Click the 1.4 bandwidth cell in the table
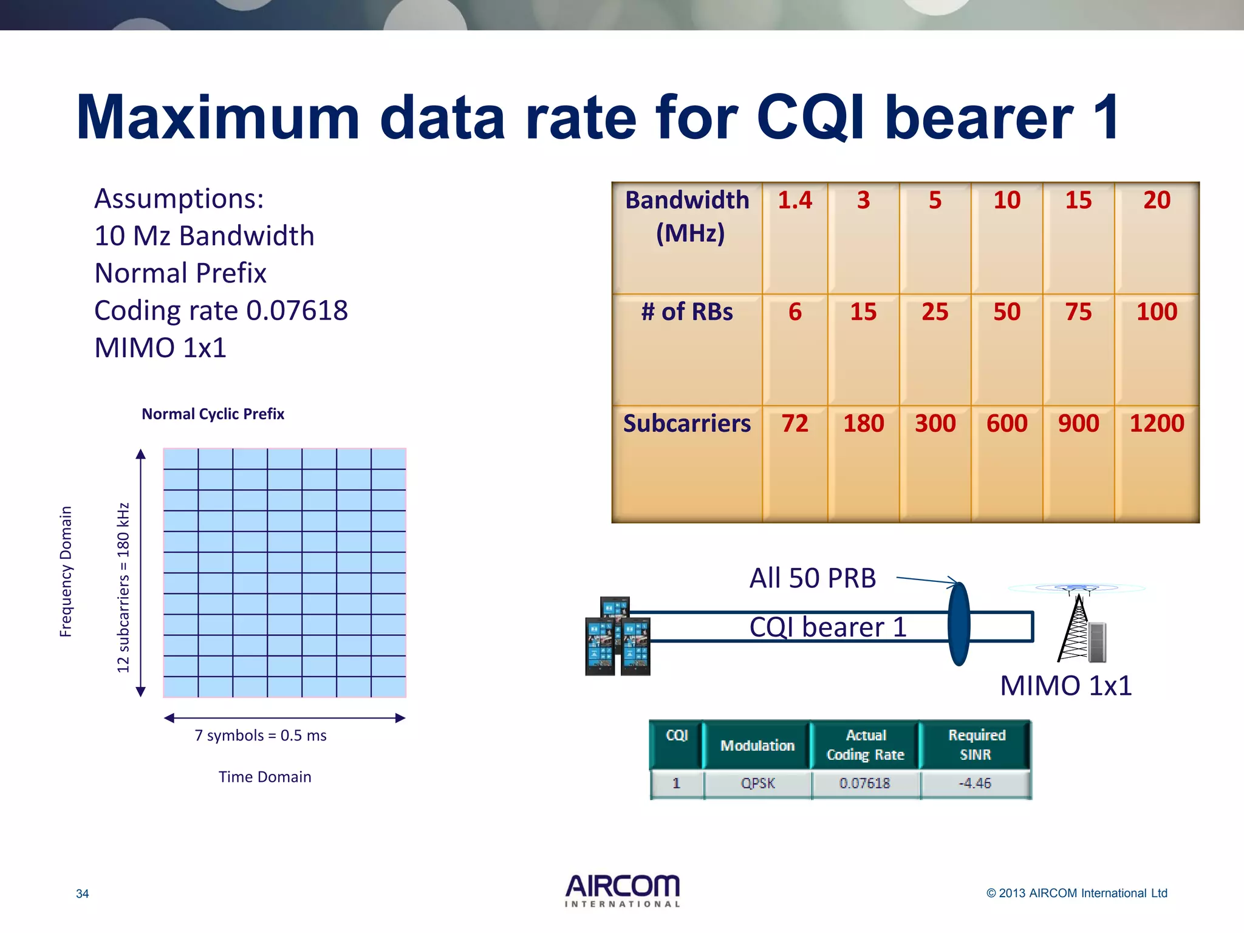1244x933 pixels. tap(795, 201)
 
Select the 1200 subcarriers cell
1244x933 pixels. tap(1157, 423)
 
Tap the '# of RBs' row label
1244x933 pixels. tap(687, 312)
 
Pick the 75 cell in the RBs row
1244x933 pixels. tap(1078, 312)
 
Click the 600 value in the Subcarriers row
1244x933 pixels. tap(1006, 423)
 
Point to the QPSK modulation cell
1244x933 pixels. tap(757, 784)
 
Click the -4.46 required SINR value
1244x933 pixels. tap(975, 784)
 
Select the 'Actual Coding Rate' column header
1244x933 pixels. tap(865, 745)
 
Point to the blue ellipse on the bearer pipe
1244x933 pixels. tap(959, 624)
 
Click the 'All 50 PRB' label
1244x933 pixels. tap(812, 578)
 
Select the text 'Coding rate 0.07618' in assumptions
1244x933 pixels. tap(221, 310)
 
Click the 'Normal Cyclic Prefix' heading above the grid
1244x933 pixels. tap(213, 414)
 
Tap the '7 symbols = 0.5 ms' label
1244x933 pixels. tap(260, 736)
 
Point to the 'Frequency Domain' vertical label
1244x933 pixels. tap(66, 571)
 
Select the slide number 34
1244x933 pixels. tap(82, 894)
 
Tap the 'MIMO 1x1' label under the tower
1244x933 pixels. tap(1065, 686)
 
